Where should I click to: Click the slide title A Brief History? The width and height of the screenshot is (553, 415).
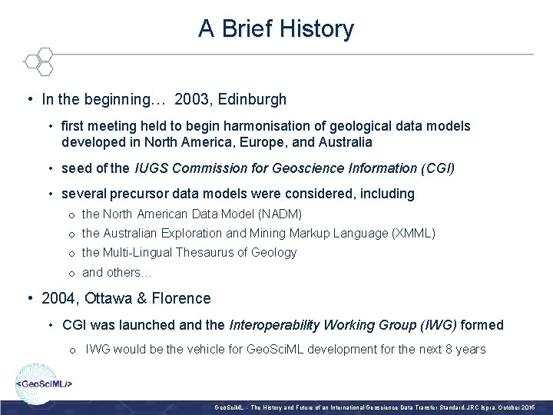click(276, 29)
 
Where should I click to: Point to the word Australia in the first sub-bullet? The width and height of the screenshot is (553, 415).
click(343, 142)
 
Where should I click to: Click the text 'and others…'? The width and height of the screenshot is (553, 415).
click(117, 272)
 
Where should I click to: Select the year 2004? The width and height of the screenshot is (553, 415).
click(58, 298)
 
